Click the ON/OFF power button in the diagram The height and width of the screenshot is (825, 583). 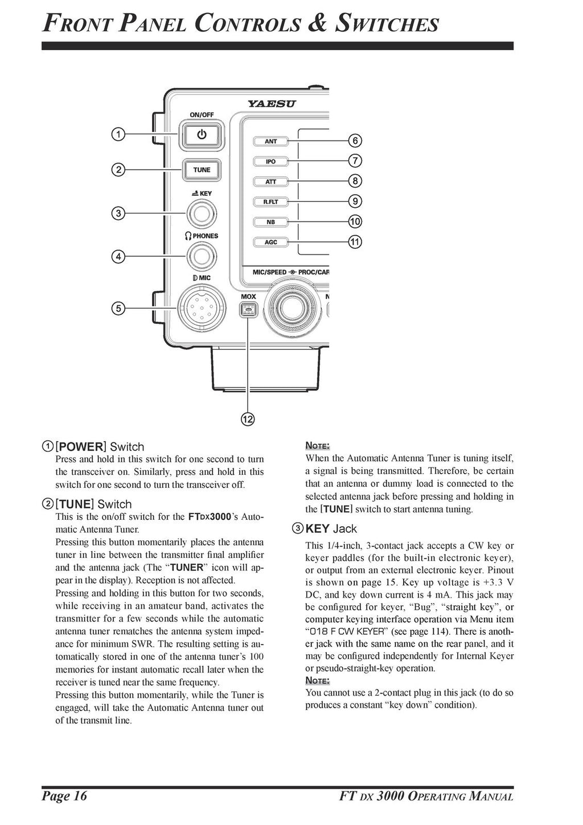(x=201, y=135)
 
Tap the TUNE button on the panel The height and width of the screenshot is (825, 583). (x=201, y=170)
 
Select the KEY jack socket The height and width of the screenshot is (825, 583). (x=201, y=214)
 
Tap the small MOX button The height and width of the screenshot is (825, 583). (x=248, y=310)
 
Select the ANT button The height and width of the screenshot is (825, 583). (x=270, y=141)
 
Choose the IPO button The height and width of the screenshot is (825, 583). (x=270, y=162)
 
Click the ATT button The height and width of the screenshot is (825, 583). (x=270, y=182)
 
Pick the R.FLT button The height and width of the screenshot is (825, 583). (x=270, y=202)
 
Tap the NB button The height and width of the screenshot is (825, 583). (x=270, y=221)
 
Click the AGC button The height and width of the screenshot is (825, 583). (x=270, y=242)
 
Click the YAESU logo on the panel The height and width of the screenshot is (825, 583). (x=271, y=104)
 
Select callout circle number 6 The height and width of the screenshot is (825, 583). (x=355, y=141)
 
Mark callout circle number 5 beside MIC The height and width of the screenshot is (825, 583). (x=118, y=308)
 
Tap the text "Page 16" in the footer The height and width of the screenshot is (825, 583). (x=64, y=795)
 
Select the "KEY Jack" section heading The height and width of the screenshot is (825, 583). (x=331, y=528)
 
